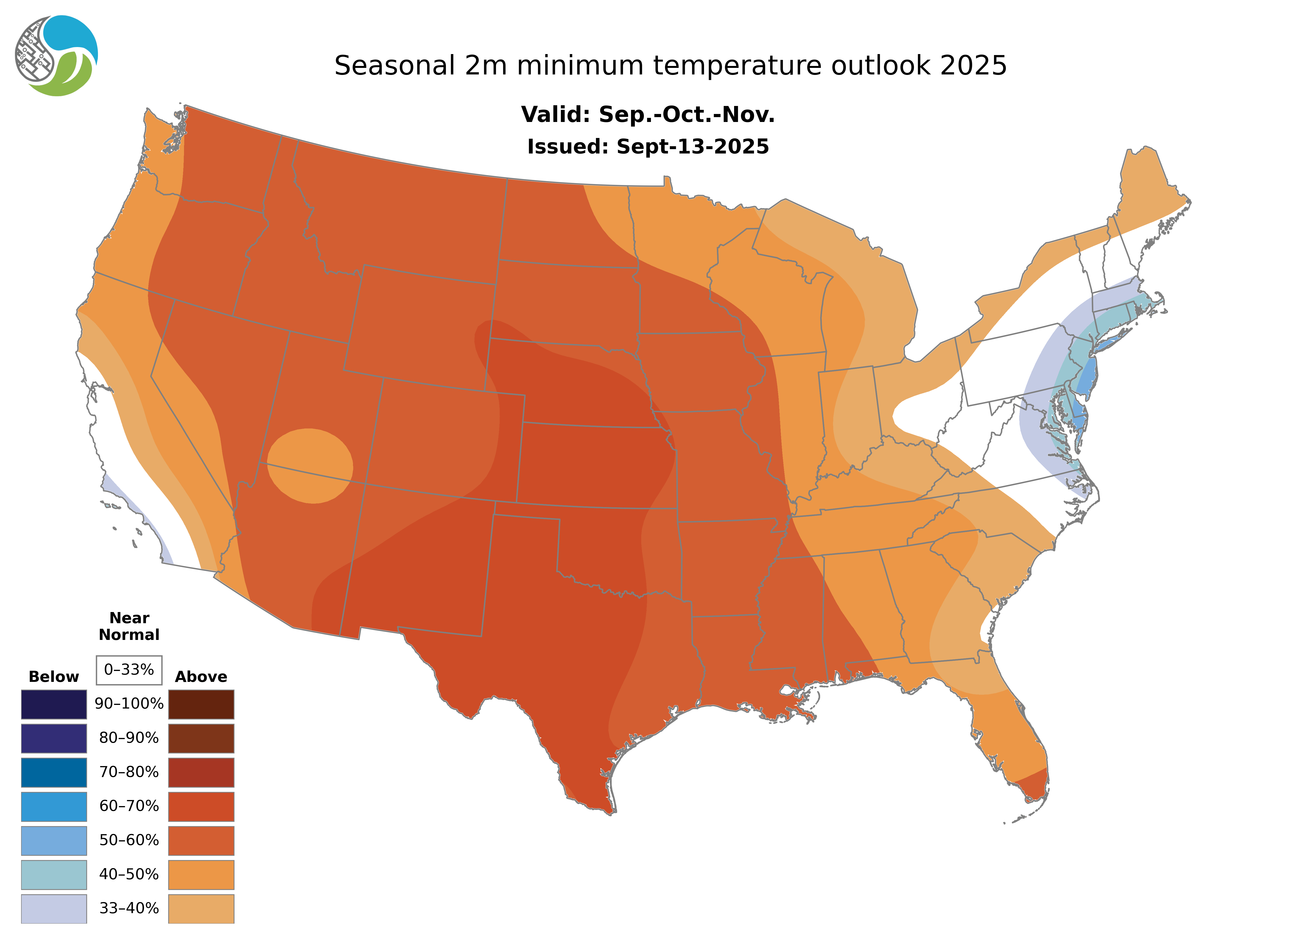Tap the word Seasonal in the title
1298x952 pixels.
point(395,66)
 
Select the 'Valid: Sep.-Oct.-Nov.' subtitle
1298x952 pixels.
point(648,115)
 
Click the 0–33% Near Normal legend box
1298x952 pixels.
point(129,670)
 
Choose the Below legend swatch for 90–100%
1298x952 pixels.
point(54,704)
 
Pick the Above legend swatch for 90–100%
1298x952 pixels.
point(201,704)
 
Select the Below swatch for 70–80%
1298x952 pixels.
point(54,772)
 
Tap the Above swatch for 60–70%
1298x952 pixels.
point(201,806)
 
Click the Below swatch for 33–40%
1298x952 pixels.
point(54,908)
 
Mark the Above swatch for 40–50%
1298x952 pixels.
point(201,874)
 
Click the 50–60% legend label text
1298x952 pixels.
point(129,840)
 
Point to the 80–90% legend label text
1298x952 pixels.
point(129,738)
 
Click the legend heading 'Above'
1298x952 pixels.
point(201,677)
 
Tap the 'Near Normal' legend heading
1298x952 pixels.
point(129,626)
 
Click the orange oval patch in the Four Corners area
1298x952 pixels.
point(310,466)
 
